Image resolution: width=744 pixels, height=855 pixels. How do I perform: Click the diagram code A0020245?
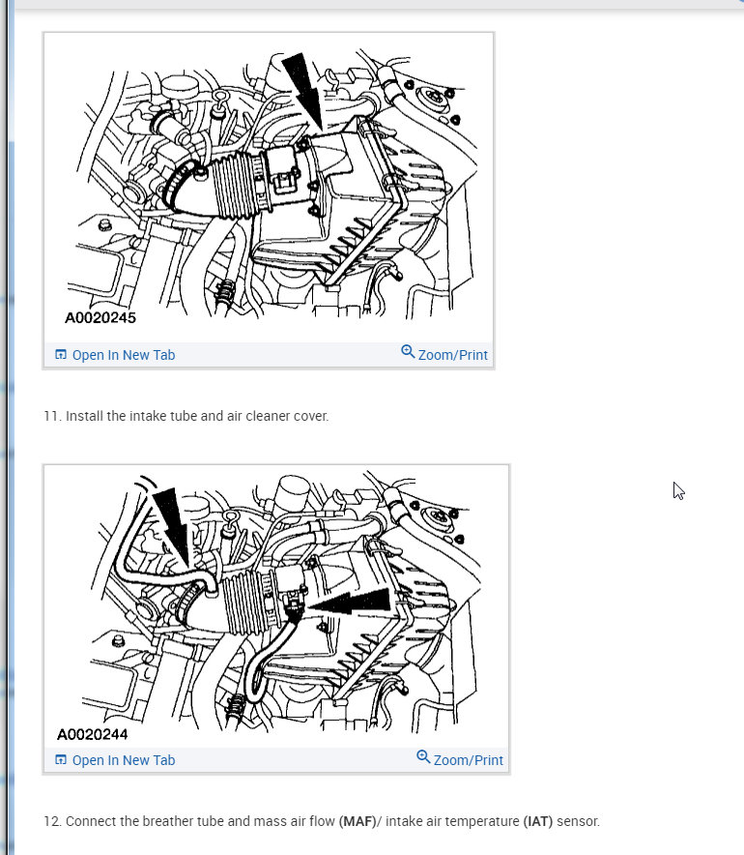(100, 317)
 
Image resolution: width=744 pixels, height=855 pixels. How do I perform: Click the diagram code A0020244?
(93, 734)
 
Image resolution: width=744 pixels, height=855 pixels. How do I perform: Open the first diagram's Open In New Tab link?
(115, 355)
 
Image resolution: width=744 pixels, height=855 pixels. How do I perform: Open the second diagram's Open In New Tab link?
(115, 760)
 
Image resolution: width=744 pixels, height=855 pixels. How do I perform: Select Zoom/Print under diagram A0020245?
(452, 355)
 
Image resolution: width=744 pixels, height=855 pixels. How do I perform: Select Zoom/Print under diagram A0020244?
(468, 760)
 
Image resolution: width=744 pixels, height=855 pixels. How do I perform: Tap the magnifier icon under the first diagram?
(408, 352)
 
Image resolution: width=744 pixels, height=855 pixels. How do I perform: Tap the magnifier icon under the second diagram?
(423, 757)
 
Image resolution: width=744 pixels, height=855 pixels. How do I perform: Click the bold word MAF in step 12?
(358, 821)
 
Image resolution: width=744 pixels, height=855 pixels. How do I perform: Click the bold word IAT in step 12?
(538, 821)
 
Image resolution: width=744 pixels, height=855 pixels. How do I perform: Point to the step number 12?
(52, 821)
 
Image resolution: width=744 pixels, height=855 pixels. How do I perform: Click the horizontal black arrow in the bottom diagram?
(350, 602)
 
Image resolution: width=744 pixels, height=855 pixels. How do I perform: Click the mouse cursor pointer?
(678, 490)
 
